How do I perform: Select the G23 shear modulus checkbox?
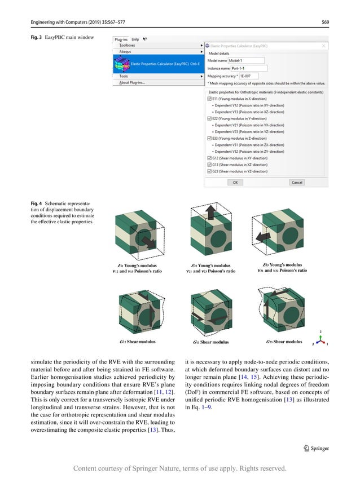click(209, 171)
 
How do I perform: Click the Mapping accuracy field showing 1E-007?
click(248, 76)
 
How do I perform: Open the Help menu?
click(135, 39)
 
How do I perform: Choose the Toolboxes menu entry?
click(128, 45)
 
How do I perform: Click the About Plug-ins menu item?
click(132, 82)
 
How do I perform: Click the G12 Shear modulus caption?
click(138, 342)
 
